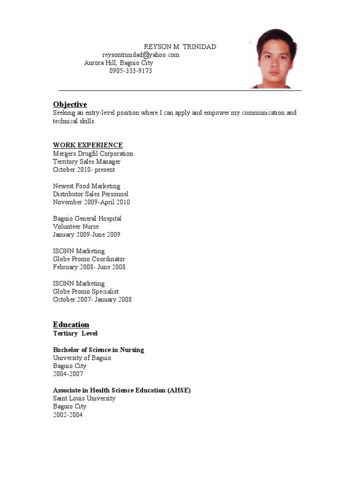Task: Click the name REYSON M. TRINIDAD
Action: tap(180, 47)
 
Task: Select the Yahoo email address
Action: tap(141, 55)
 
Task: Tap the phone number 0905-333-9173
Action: tap(131, 71)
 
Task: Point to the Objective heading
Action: tap(70, 104)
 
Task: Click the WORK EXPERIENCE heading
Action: tap(88, 145)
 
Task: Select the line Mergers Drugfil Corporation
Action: tap(93, 153)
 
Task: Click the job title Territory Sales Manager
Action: tap(87, 162)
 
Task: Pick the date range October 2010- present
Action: tap(84, 170)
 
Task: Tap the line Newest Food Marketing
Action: tap(87, 186)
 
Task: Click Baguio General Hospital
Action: tap(87, 218)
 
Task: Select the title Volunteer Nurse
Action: tap(76, 226)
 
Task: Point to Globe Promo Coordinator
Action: tap(89, 259)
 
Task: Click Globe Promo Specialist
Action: tap(86, 291)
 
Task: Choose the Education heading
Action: tap(71, 324)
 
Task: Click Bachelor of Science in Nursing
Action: tap(98, 350)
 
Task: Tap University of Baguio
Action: tap(82, 358)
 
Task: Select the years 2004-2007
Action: tap(68, 374)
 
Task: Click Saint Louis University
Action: tap(84, 398)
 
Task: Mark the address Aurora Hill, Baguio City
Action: tap(119, 63)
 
